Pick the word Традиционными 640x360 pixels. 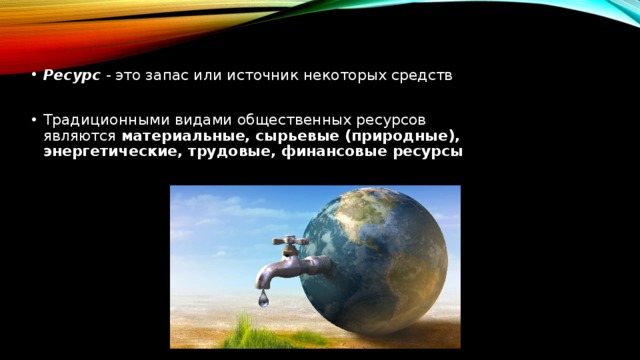(98, 118)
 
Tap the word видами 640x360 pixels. (184, 118)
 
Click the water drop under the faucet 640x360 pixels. (263, 298)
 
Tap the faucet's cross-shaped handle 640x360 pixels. (291, 243)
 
